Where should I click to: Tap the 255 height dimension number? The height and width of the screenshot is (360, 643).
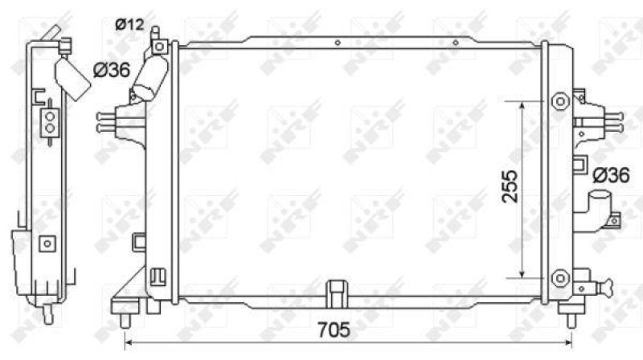coord(508,187)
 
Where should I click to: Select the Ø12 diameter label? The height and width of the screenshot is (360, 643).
coord(128,25)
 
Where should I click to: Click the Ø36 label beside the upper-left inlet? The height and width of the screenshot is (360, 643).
coord(112,70)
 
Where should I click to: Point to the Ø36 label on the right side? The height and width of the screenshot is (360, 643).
coord(610,174)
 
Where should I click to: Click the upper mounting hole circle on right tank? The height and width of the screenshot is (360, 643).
coord(559,102)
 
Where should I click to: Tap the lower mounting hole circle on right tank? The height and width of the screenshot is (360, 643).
coord(559,277)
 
